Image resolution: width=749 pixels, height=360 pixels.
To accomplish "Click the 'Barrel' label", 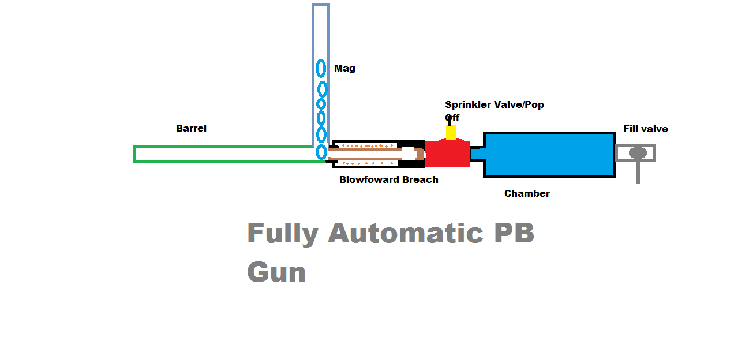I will point(191,128).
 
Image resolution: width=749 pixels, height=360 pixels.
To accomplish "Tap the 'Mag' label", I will point(344,68).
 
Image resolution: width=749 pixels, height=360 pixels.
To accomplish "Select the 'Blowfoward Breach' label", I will point(388,179).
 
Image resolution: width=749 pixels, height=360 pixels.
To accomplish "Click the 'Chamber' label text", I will point(527,193).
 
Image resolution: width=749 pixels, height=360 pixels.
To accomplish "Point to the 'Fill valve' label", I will point(645,129).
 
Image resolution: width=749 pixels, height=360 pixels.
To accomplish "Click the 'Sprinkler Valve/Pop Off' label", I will point(494,105).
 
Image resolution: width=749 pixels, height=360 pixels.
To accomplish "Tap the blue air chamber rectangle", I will point(549,154).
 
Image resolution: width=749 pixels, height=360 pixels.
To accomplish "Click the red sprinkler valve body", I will point(448,154).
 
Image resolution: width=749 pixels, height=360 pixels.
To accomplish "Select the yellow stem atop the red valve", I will point(451,133).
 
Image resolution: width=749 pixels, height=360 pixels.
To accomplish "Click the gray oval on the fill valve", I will point(637,152).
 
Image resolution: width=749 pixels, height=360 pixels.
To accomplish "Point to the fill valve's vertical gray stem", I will point(638,172).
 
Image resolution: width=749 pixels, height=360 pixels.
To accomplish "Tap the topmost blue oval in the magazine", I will point(321,68).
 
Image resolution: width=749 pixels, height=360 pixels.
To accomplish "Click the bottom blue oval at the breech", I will point(321,152).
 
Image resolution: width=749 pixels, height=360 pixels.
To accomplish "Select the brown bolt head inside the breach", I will point(420,153).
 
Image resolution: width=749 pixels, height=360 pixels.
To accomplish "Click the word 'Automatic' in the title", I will point(405,233).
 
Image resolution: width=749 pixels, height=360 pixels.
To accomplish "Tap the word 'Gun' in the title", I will point(276,271).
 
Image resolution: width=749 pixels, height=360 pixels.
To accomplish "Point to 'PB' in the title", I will point(512,232).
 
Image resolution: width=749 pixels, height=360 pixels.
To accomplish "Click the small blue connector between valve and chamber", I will point(477,153).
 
